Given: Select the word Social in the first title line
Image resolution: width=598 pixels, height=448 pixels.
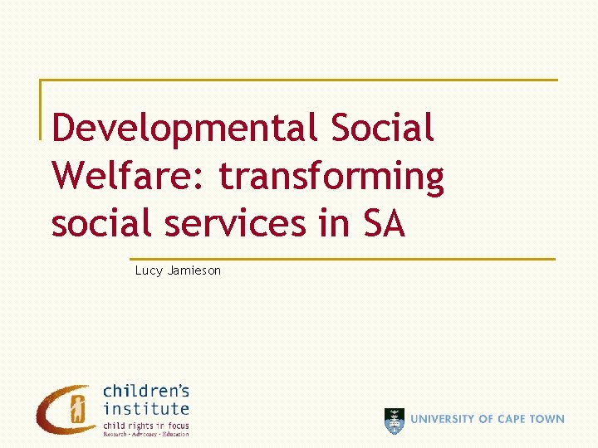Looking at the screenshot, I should click(x=382, y=129).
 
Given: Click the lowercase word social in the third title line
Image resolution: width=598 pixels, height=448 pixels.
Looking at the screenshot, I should click(x=100, y=223).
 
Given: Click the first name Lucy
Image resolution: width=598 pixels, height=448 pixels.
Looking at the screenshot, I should click(x=149, y=270).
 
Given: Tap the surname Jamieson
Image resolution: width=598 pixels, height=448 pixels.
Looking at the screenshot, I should click(x=194, y=270).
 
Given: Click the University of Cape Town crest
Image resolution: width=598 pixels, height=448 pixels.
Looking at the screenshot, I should click(x=395, y=421).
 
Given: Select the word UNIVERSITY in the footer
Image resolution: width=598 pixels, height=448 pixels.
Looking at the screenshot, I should click(x=446, y=420).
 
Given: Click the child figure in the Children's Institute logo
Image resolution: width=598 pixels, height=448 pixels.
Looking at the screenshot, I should click(x=78, y=408).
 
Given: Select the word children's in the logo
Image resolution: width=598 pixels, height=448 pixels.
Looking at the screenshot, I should click(x=146, y=391).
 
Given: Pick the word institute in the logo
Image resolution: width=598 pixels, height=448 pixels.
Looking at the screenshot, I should click(x=146, y=408).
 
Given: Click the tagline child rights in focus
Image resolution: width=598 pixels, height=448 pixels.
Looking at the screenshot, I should click(x=146, y=426).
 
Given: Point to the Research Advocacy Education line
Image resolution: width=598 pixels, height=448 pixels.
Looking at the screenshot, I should click(x=146, y=434).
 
